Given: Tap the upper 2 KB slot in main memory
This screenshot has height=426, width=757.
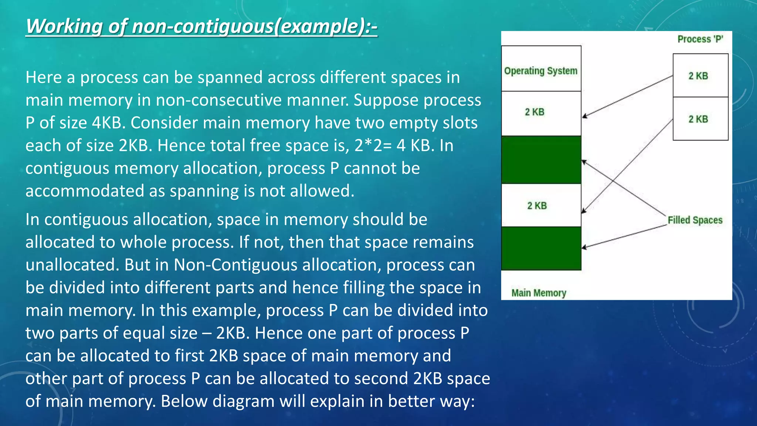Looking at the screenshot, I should click(541, 113).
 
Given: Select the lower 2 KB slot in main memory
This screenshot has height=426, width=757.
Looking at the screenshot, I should click(541, 205).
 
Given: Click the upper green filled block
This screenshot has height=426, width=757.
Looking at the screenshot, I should click(541, 159).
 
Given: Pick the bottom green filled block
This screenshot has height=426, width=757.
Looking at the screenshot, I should click(541, 248).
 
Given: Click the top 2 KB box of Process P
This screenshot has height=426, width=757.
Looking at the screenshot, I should click(700, 75).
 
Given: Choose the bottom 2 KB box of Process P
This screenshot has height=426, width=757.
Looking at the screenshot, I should click(700, 119).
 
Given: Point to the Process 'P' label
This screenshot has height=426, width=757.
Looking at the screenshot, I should click(700, 39).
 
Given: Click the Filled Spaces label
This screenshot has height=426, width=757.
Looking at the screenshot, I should click(695, 220).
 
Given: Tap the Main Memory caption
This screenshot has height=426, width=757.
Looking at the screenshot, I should click(539, 293).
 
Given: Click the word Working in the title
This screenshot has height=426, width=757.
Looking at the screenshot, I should click(64, 27).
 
